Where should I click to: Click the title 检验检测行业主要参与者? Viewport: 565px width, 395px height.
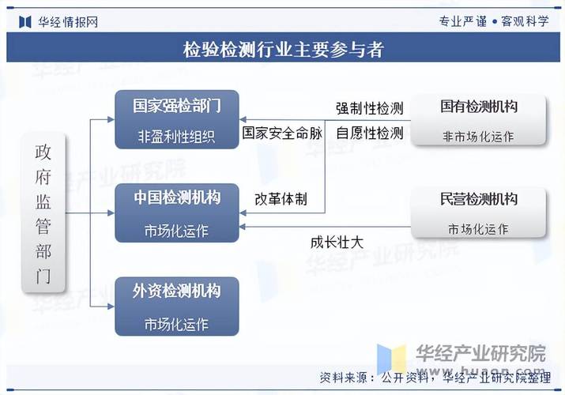point(283,49)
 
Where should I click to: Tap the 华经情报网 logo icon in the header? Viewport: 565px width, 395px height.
point(24,22)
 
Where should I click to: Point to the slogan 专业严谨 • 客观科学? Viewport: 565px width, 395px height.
point(494,21)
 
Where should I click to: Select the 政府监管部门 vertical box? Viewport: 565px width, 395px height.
point(43,213)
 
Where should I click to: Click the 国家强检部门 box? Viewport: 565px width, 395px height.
point(176,119)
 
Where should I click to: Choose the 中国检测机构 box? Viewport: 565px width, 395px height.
point(176,213)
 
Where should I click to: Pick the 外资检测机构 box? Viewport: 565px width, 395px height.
point(176,307)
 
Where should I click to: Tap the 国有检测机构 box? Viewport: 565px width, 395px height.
point(479,120)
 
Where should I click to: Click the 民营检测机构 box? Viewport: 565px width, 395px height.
point(479,213)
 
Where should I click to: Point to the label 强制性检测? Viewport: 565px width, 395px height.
point(370,108)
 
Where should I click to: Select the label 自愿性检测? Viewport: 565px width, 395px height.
point(370,134)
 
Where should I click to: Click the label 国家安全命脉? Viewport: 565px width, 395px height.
point(282,133)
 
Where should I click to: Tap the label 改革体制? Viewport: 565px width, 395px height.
point(281,199)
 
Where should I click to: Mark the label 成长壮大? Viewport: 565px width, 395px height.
point(337,243)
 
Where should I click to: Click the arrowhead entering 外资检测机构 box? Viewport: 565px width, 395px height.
point(111,307)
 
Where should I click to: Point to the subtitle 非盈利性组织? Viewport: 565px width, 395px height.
point(176,137)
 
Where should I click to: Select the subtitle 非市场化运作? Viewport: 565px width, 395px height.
point(479,137)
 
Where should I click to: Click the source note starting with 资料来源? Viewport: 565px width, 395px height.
point(435,378)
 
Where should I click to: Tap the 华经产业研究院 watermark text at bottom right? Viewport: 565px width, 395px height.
point(481,353)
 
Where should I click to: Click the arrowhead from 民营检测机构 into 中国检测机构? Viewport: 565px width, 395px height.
point(243,227)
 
